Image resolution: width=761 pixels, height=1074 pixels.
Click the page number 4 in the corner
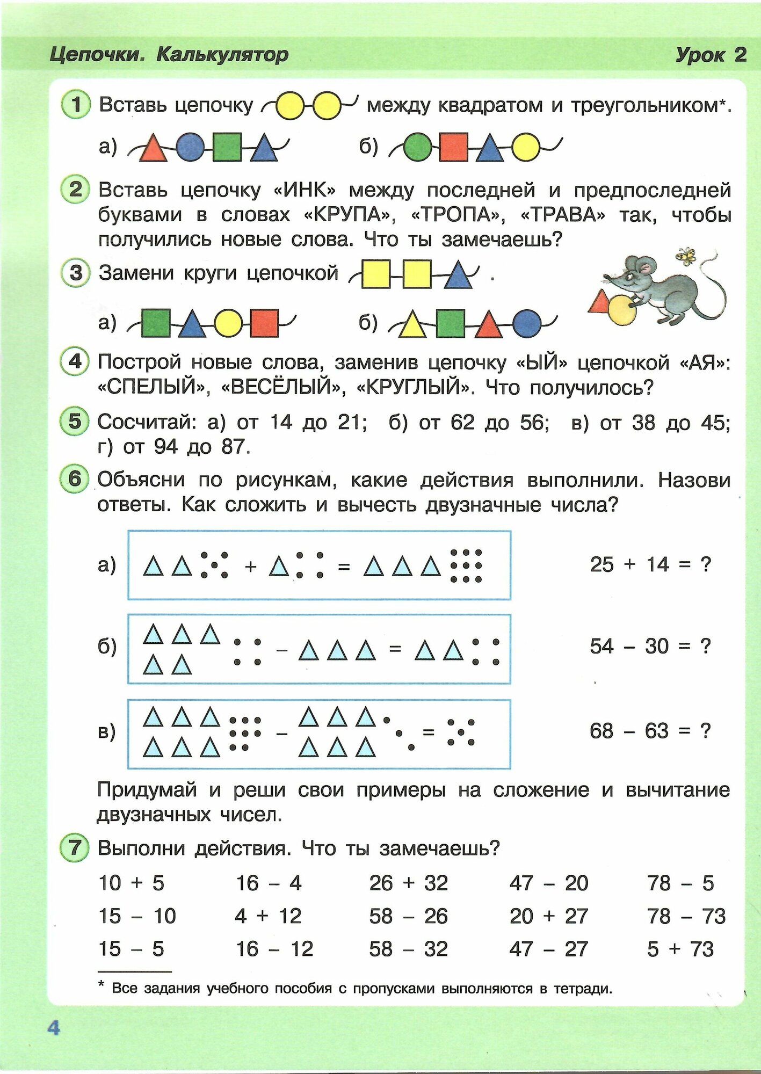tap(54, 1028)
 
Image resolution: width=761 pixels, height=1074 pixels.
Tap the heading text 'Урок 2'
tap(711, 55)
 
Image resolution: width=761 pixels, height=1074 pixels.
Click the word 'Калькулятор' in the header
tap(222, 54)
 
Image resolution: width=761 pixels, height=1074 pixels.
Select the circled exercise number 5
tap(75, 422)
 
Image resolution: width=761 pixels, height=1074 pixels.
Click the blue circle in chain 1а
tap(190, 147)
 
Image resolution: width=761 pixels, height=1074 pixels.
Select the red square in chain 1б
tap(454, 147)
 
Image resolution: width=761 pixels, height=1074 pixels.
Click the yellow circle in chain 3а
tap(228, 323)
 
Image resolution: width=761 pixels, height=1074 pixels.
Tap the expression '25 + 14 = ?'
tap(650, 564)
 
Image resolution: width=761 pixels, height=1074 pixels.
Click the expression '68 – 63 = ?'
tap(650, 731)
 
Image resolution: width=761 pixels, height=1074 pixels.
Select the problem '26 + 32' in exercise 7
tap(408, 883)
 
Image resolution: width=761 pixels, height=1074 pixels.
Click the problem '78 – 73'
tap(686, 916)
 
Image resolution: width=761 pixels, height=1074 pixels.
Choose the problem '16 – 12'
tap(274, 949)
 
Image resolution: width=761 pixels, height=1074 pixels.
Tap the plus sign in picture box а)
tap(250, 566)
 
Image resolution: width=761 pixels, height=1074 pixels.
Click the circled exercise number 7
tap(75, 848)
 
